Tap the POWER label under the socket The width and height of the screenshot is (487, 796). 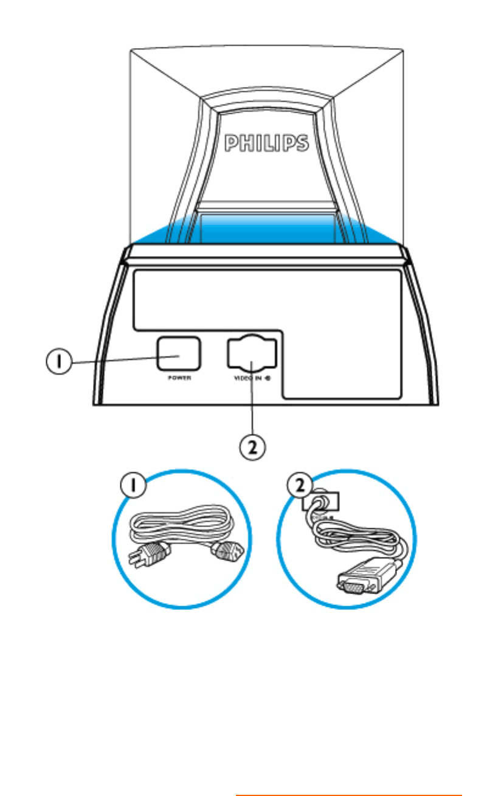click(x=179, y=377)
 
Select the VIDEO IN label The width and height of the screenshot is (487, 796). click(x=247, y=377)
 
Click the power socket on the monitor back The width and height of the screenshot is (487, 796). click(x=179, y=353)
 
